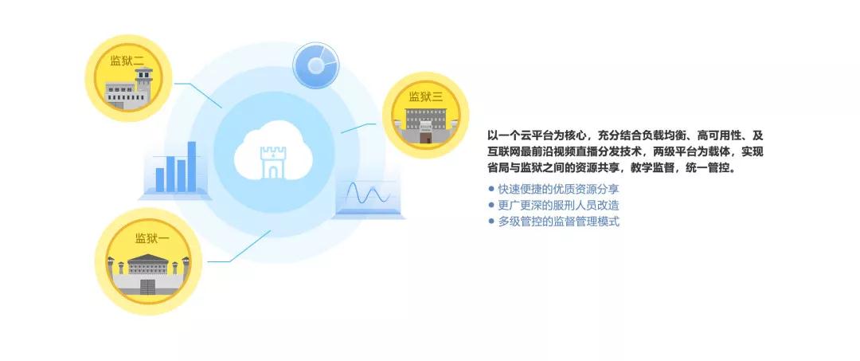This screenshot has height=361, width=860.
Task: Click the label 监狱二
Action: (x=127, y=61)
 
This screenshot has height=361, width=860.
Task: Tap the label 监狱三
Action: (x=425, y=97)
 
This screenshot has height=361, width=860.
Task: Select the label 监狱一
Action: (x=152, y=238)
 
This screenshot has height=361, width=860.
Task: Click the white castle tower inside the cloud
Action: (x=273, y=162)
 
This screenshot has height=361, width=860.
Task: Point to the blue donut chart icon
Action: (x=315, y=65)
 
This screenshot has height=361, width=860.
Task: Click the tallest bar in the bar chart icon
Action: (x=191, y=167)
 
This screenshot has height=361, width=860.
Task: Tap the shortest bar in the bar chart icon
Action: (x=159, y=180)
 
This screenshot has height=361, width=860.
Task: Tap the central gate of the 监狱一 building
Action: (x=148, y=286)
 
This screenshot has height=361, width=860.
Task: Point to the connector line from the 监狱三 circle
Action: (x=358, y=128)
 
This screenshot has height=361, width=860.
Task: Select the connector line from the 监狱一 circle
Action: (x=239, y=246)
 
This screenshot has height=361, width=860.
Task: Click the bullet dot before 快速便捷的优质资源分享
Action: (x=491, y=190)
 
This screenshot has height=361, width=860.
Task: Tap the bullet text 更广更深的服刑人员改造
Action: (x=558, y=205)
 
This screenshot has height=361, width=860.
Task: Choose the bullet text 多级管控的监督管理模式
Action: (x=558, y=222)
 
